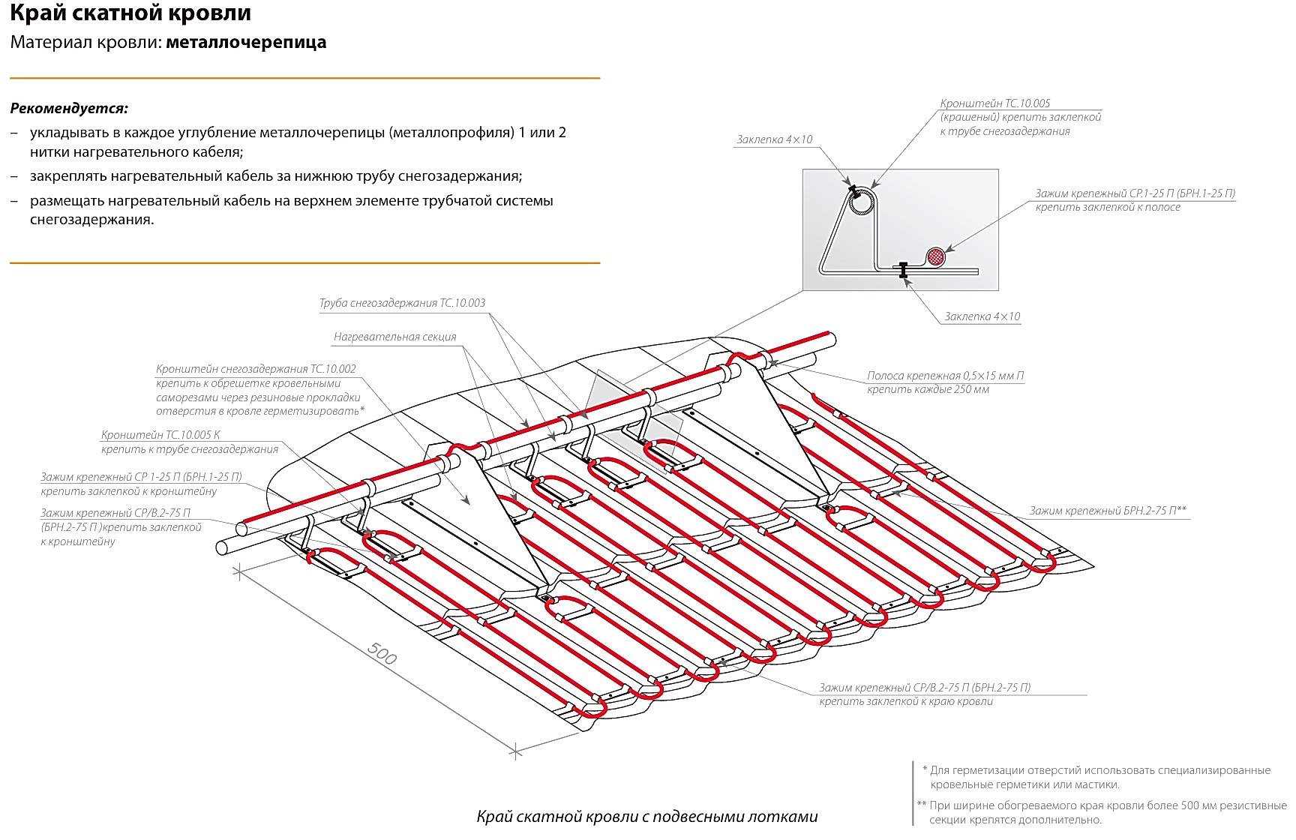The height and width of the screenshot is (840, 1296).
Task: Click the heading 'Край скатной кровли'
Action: coord(130,13)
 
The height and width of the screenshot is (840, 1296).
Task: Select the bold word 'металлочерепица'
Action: coord(246,42)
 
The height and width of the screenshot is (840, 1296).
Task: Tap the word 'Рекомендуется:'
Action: coord(69,108)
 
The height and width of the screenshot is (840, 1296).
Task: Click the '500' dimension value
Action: coord(382,654)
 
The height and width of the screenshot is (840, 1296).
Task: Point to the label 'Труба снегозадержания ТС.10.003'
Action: coord(402,303)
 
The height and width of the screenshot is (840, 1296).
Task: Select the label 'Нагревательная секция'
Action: coord(394,337)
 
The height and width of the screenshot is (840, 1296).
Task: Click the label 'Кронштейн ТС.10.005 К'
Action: coord(160,435)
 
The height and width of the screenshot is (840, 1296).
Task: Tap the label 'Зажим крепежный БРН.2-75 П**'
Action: coord(1107,511)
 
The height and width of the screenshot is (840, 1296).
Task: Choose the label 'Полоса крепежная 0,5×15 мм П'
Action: coord(945,375)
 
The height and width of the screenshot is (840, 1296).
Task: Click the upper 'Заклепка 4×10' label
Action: coord(774,139)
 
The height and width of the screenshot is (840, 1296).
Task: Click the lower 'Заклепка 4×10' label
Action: coord(982,316)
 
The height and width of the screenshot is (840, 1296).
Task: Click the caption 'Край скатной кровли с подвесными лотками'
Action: coord(646,817)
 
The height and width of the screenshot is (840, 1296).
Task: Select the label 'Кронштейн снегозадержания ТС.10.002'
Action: coord(256,369)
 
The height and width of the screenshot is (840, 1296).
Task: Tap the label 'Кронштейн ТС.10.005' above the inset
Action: coord(994,103)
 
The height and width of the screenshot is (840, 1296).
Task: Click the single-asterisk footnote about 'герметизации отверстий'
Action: coord(1099,777)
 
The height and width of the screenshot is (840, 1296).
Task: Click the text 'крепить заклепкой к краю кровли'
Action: coord(906,701)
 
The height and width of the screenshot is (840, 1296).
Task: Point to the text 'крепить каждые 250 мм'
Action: coord(928,389)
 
